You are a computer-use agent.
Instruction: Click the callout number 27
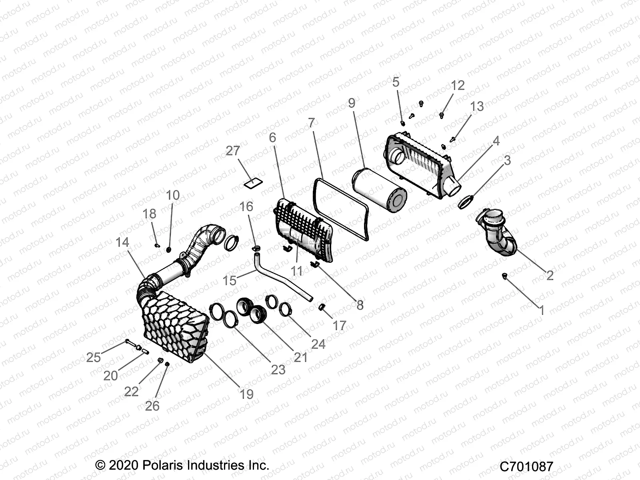point(233,151)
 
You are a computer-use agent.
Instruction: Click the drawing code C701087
point(526,466)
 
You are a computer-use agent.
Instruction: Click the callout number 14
point(122,242)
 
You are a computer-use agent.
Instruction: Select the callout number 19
point(246,394)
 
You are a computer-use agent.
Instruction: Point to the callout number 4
point(496,141)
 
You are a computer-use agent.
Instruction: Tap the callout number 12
point(458,85)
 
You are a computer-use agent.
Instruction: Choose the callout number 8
point(360,305)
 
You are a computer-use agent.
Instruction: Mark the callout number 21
point(300,357)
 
